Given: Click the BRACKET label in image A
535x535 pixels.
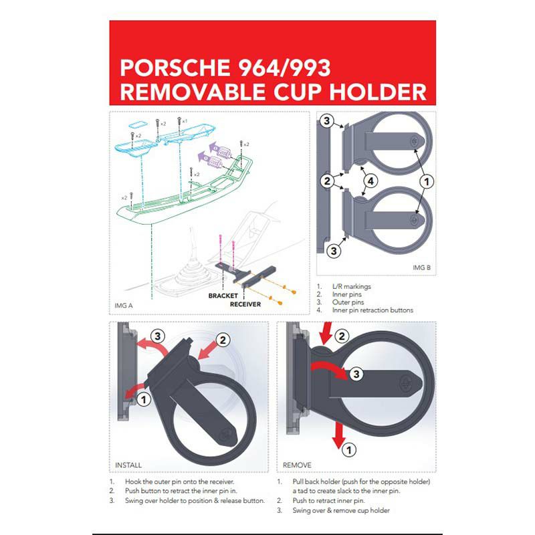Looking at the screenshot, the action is point(223,296).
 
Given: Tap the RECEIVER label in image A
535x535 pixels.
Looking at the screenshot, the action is point(245,304).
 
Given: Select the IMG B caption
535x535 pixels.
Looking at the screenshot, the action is point(422,267).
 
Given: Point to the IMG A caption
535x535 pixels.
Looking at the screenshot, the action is point(124,306).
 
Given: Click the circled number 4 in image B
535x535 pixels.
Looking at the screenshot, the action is point(370,181).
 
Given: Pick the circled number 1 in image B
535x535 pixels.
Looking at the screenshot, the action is point(427,181).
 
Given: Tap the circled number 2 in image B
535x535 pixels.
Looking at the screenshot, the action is point(327,181).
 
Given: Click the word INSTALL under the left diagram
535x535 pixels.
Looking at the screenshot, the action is point(128,465).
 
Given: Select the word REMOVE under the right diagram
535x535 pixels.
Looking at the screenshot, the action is point(297,465).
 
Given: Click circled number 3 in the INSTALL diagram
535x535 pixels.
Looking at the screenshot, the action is point(158,336).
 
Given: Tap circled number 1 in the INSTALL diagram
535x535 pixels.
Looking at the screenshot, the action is point(144,399).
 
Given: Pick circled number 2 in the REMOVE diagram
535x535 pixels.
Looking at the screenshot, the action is point(342,336).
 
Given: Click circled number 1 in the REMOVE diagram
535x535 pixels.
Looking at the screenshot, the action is point(348,449).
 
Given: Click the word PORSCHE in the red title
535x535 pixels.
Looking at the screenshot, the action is point(175,68).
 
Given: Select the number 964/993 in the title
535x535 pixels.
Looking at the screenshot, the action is point(284,68).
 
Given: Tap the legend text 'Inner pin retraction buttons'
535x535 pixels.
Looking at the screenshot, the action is point(372,310).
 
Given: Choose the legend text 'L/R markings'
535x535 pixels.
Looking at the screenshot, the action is point(352,287).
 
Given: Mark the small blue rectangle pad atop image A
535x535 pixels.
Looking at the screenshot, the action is point(138,123).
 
